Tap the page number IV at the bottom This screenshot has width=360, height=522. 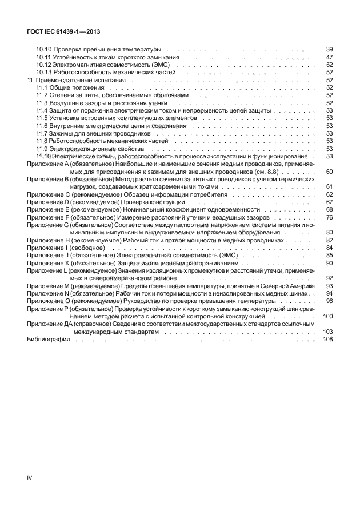(30, 476)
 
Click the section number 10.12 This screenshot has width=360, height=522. (43, 65)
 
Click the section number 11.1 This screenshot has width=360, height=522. (42, 88)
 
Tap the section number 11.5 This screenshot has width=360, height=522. (42, 118)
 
